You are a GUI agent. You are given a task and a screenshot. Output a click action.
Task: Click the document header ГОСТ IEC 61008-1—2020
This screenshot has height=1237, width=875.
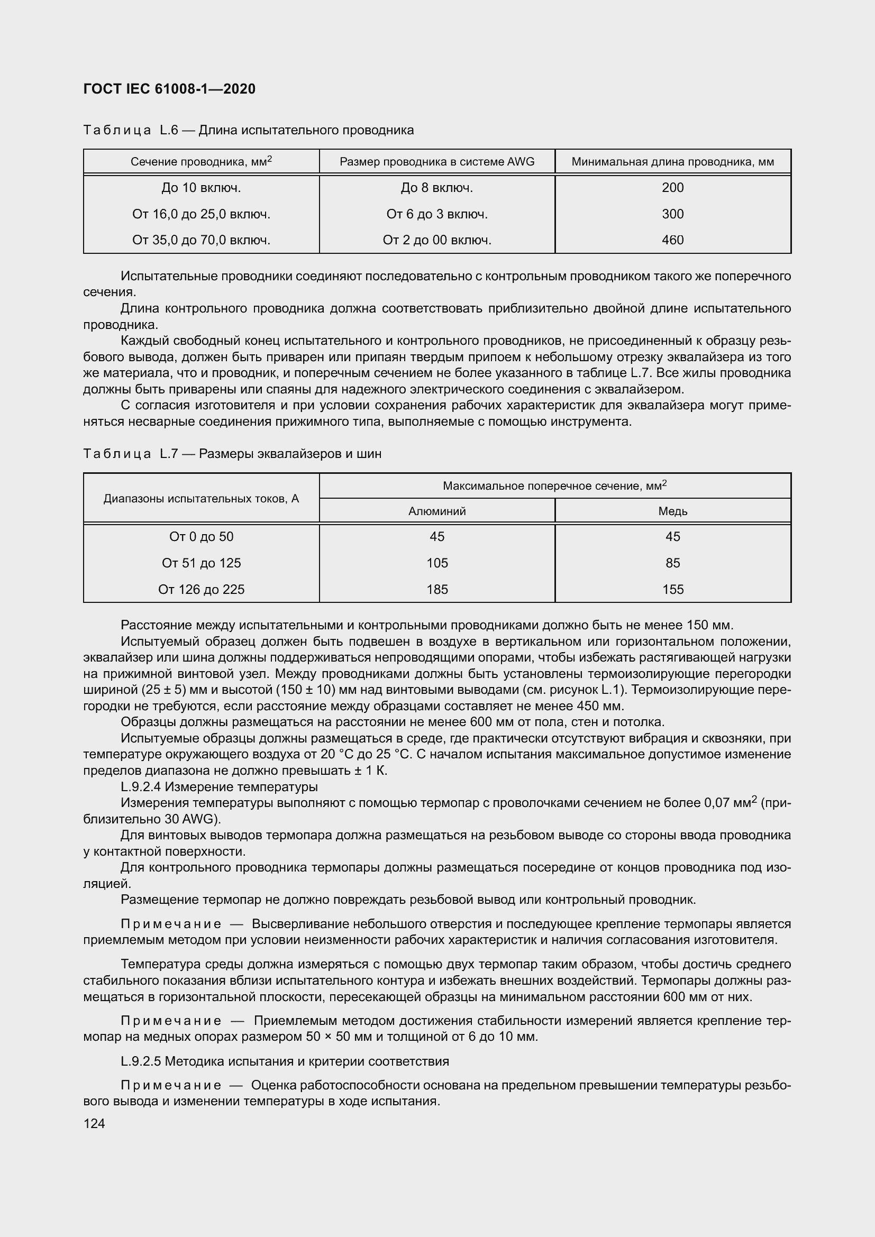(169, 89)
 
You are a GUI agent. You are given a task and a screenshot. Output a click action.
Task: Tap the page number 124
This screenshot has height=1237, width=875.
(94, 1123)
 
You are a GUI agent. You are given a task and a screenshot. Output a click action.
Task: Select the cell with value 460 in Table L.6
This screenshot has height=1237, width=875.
(672, 240)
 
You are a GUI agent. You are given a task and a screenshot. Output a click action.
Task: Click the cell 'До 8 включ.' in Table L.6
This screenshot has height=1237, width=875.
(437, 188)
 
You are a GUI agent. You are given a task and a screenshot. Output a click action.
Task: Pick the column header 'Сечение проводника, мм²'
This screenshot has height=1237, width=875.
(201, 162)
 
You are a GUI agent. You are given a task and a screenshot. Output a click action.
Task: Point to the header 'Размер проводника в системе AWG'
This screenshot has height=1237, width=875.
(437, 162)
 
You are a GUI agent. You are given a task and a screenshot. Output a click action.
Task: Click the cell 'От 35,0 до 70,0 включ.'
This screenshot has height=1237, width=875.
(201, 240)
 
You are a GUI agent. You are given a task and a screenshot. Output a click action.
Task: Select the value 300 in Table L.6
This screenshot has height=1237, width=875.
(672, 214)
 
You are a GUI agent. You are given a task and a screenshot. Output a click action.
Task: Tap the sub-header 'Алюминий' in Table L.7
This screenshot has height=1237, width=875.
(437, 511)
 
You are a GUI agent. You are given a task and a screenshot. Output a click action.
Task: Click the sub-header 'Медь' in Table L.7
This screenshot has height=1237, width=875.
(672, 511)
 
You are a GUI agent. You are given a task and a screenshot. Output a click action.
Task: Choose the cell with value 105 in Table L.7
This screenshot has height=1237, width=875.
(437, 563)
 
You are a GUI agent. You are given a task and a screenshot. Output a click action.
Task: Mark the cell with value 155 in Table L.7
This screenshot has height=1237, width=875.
(672, 589)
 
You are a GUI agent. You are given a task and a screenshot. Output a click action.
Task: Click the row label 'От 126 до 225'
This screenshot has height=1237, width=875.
(201, 589)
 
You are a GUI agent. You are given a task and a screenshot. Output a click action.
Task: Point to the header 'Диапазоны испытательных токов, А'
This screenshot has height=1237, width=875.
(201, 498)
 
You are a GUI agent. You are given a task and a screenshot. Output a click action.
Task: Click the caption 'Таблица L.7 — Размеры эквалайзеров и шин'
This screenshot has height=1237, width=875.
(232, 454)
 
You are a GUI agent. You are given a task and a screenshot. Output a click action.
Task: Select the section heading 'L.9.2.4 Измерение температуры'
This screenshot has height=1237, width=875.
(220, 786)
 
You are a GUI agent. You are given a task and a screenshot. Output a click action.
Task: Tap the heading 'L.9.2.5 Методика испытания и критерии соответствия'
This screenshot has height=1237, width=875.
(285, 1061)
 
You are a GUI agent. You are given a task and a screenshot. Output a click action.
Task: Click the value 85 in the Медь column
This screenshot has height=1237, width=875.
(672, 563)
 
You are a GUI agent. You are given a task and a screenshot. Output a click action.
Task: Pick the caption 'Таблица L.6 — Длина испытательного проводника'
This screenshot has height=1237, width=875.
(249, 130)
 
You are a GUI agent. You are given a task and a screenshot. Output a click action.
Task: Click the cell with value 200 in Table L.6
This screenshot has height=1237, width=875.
(672, 188)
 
